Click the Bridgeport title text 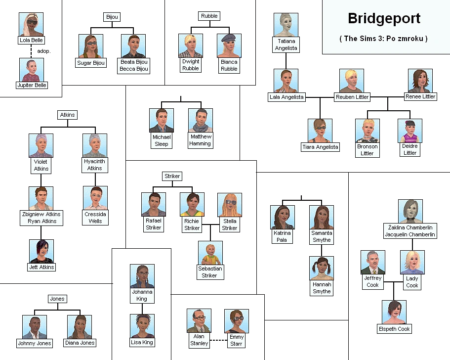pos(384,19)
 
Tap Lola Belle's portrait pos(31,24)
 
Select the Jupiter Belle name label pos(32,85)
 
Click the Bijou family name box pos(112,17)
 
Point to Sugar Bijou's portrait pos(91,46)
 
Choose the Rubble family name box pos(209,16)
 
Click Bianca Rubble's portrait pos(229,46)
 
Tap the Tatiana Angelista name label pos(286,45)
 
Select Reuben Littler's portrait pos(352,81)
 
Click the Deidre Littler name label pos(410,149)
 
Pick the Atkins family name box pos(67,115)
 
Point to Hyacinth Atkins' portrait pos(95,145)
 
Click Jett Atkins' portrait pos(41,251)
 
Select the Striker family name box pos(172,176)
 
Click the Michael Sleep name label pos(162,140)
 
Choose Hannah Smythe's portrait pos(322,269)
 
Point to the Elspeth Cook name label pos(394,329)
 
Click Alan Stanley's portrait pos(199,321)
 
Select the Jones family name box pos(57,299)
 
